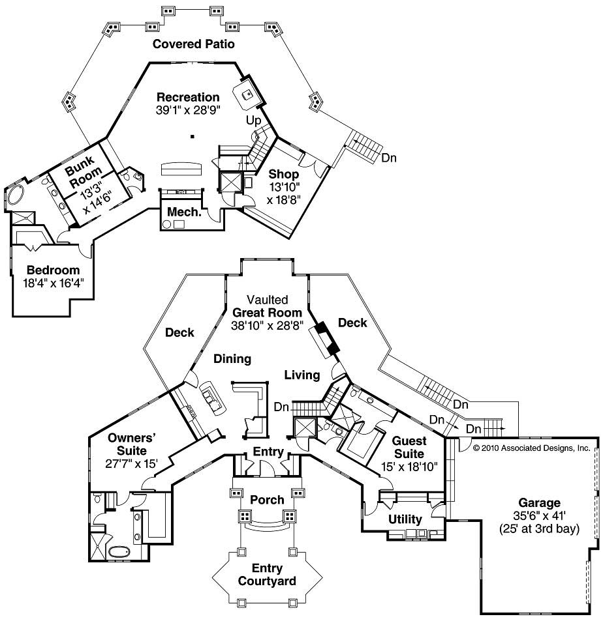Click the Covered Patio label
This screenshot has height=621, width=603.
[x=193, y=44]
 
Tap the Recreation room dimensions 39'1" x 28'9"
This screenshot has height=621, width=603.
[x=188, y=110]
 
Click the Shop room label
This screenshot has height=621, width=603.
[x=283, y=175]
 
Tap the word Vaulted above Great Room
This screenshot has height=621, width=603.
[x=267, y=300]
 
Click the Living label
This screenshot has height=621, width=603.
[x=302, y=375]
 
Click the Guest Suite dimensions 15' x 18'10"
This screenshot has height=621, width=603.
[x=410, y=467]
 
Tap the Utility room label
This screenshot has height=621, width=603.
[x=405, y=519]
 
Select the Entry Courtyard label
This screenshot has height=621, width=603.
[x=267, y=574]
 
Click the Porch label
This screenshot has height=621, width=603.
[x=267, y=500]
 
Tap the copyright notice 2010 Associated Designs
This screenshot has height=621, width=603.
[x=532, y=448]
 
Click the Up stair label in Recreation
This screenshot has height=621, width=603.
[x=253, y=121]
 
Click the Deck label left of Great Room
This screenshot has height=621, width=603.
[x=179, y=332]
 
